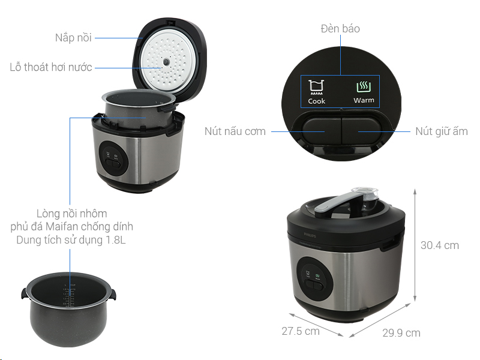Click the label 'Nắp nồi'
pyautogui.click(x=73, y=38)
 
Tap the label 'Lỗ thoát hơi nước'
pyautogui.click(x=51, y=67)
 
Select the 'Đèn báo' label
pyautogui.click(x=340, y=28)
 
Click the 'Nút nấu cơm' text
pyautogui.click(x=235, y=131)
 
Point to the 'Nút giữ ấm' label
pyautogui.click(x=442, y=131)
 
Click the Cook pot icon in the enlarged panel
pyautogui.click(x=316, y=87)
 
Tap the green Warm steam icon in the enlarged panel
pyautogui.click(x=364, y=87)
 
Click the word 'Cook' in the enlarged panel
pyautogui.click(x=317, y=101)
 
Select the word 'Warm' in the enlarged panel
pyautogui.click(x=364, y=100)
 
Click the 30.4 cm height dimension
pyautogui.click(x=440, y=245)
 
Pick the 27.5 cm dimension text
pyautogui.click(x=301, y=331)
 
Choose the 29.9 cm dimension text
pyautogui.click(x=401, y=333)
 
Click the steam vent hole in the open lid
pyautogui.click(x=166, y=62)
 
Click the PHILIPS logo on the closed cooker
pyautogui.click(x=310, y=235)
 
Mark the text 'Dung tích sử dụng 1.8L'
pyautogui.click(x=71, y=239)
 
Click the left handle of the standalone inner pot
pyautogui.click(x=25, y=293)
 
